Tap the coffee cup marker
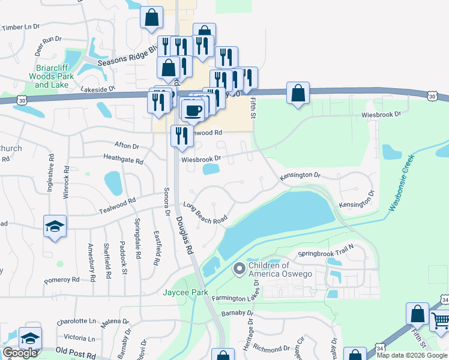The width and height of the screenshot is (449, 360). click(x=192, y=110)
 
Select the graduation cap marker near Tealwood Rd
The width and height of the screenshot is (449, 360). click(x=55, y=226)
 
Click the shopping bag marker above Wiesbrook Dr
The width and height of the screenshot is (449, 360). click(x=298, y=93)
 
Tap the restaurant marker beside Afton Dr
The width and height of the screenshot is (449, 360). click(x=182, y=136)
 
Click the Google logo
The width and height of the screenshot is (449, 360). click(x=20, y=353)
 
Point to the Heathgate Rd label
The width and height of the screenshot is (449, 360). click(x=123, y=161)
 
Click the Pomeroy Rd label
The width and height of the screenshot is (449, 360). click(x=62, y=280)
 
